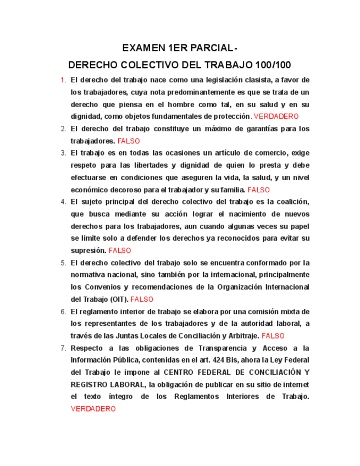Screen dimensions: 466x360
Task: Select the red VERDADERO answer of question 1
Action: tap(276, 116)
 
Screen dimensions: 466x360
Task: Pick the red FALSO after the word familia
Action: tap(259, 190)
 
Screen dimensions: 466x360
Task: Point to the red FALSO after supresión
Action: tap(120, 251)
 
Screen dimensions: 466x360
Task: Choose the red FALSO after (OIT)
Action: tap(142, 299)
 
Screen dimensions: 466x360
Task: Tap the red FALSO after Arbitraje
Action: tap(273, 336)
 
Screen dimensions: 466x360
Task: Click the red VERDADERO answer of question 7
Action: tap(93, 409)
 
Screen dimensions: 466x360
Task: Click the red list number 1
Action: tap(63, 80)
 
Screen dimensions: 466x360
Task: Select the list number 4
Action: tap(63, 202)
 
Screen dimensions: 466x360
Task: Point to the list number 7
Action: tap(63, 348)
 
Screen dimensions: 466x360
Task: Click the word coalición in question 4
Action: tap(292, 202)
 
